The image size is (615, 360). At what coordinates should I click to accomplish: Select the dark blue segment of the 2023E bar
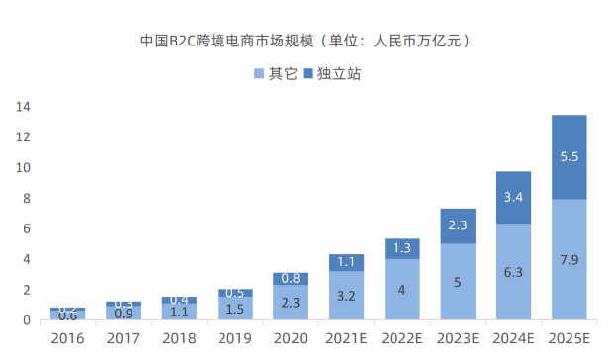pos(458,225)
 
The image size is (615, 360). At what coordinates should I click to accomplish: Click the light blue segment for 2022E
pos(402,290)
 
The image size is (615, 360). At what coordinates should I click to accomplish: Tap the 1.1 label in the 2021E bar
pos(346,262)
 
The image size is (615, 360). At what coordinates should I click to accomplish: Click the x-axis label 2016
pos(67,338)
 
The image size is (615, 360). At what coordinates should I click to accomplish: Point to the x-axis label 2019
pos(234,338)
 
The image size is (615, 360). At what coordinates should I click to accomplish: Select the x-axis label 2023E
pos(458,338)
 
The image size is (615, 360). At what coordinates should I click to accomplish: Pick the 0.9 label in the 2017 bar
pos(124,314)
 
